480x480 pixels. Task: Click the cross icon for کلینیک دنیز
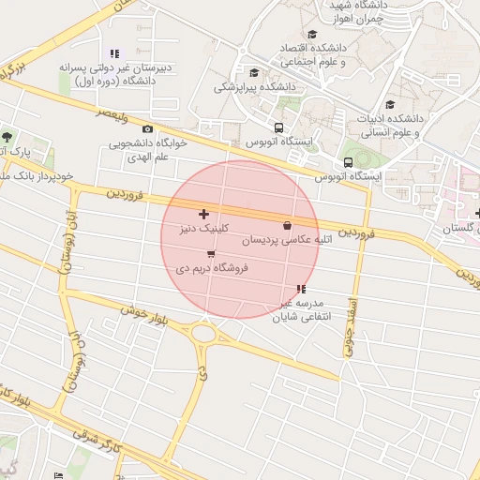(204, 215)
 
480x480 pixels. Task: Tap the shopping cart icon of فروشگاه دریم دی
(210, 253)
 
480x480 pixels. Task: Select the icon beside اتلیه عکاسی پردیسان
(287, 225)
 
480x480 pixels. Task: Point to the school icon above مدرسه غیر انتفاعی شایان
(300, 289)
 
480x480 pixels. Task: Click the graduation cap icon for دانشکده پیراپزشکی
(254, 72)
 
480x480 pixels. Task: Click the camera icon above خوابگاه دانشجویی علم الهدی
(147, 129)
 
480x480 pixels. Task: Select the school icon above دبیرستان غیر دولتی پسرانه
(114, 53)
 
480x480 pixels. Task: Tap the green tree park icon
(7, 138)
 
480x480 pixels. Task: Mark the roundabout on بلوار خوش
(202, 333)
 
